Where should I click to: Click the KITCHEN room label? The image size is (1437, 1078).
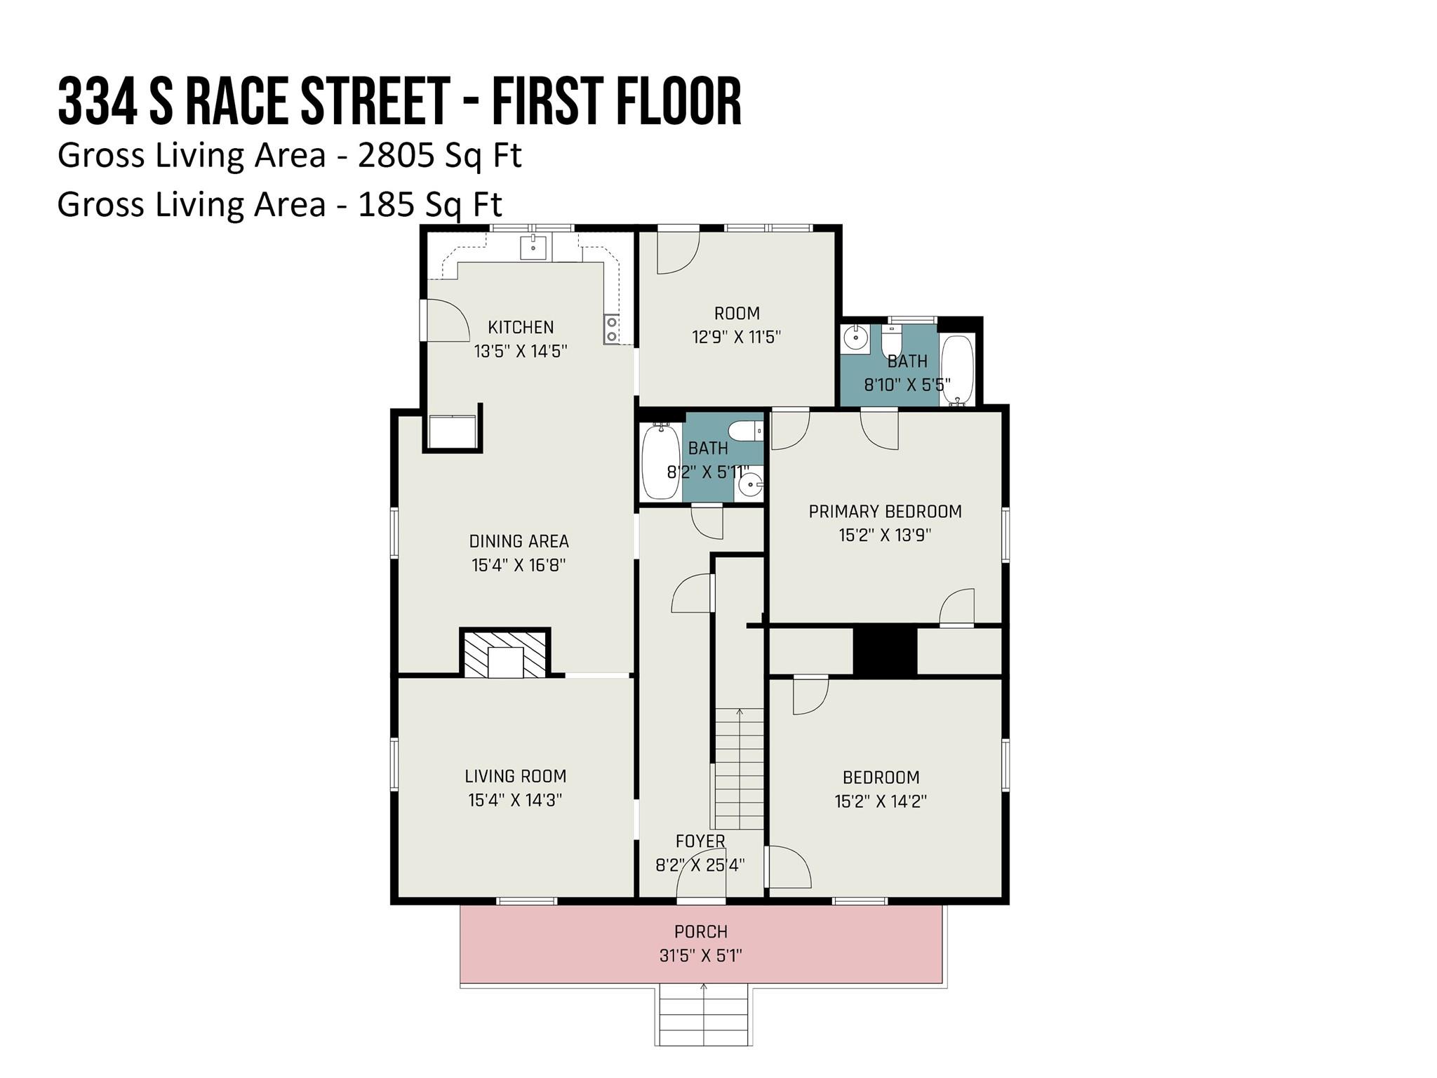tap(521, 327)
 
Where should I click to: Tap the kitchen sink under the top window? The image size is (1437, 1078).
tap(533, 248)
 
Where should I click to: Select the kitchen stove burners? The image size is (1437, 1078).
tap(612, 329)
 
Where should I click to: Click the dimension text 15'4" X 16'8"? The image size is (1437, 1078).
tap(519, 565)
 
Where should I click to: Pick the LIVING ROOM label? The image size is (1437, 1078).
tap(515, 776)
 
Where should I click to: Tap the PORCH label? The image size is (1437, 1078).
tap(700, 932)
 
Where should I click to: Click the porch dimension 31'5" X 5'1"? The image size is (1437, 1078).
tap(700, 956)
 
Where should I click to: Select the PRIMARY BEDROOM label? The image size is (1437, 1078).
tap(885, 512)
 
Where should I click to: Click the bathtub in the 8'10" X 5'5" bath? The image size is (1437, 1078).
tap(957, 371)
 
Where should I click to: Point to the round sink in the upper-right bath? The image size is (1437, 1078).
tap(856, 338)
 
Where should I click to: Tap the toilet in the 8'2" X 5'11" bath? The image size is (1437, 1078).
tap(745, 430)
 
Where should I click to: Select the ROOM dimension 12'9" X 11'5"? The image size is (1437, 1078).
tap(736, 337)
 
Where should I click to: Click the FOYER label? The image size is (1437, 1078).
tap(700, 841)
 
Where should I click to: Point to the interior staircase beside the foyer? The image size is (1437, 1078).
tap(739, 769)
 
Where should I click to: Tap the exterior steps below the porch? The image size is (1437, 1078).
tap(704, 1015)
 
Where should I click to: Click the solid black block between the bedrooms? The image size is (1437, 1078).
tap(885, 651)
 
